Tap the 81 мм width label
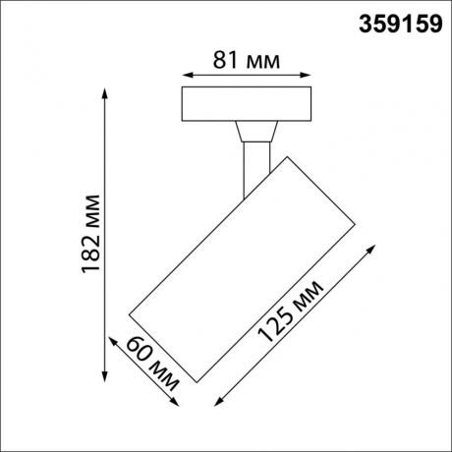click(247, 60)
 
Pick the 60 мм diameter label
click(147, 366)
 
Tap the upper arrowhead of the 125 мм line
click(370, 247)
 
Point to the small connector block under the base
click(254, 130)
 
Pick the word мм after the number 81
click(261, 60)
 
